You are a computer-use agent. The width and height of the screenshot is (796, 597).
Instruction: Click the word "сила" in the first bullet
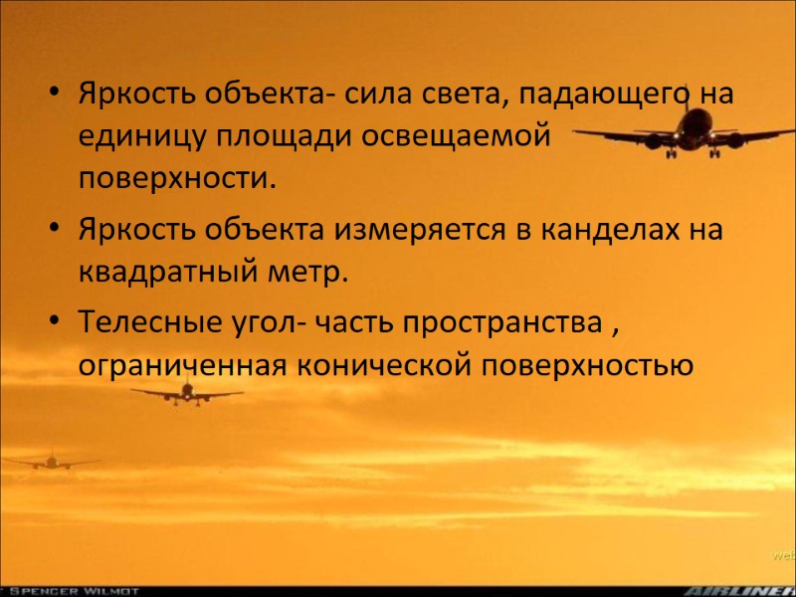pos(370,96)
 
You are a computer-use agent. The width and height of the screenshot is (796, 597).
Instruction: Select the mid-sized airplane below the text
pos(186,393)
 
